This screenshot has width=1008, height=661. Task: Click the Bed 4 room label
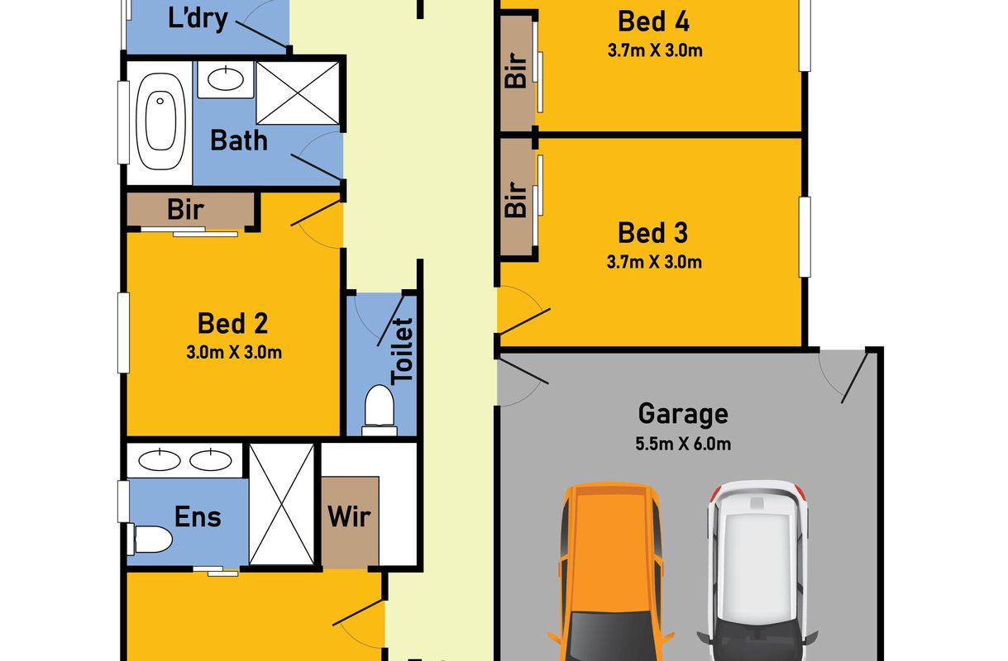click(x=653, y=21)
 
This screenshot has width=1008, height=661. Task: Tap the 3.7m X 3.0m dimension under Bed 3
click(x=654, y=262)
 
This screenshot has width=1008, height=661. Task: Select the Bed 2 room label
click(x=232, y=323)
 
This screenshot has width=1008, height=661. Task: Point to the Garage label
click(x=683, y=414)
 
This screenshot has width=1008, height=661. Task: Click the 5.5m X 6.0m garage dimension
click(x=683, y=445)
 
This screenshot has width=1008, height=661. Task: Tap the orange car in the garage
click(x=610, y=572)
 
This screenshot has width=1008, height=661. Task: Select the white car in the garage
click(x=757, y=571)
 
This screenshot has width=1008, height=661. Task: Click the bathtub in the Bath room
click(x=160, y=121)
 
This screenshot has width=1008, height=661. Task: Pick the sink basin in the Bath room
click(x=226, y=79)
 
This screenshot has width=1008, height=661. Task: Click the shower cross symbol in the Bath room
click(x=298, y=93)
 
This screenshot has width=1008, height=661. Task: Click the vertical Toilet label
click(x=402, y=352)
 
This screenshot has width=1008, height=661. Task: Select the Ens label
click(x=198, y=516)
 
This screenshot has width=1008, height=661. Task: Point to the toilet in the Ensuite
click(x=150, y=539)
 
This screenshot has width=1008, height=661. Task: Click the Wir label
click(x=349, y=517)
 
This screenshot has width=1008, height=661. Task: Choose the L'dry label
click(x=198, y=19)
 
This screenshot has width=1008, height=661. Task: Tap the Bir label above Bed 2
click(x=185, y=210)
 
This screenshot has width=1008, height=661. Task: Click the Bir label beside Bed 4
click(x=516, y=70)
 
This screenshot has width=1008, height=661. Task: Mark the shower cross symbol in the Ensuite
click(x=282, y=504)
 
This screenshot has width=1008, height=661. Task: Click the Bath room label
click(x=239, y=140)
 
